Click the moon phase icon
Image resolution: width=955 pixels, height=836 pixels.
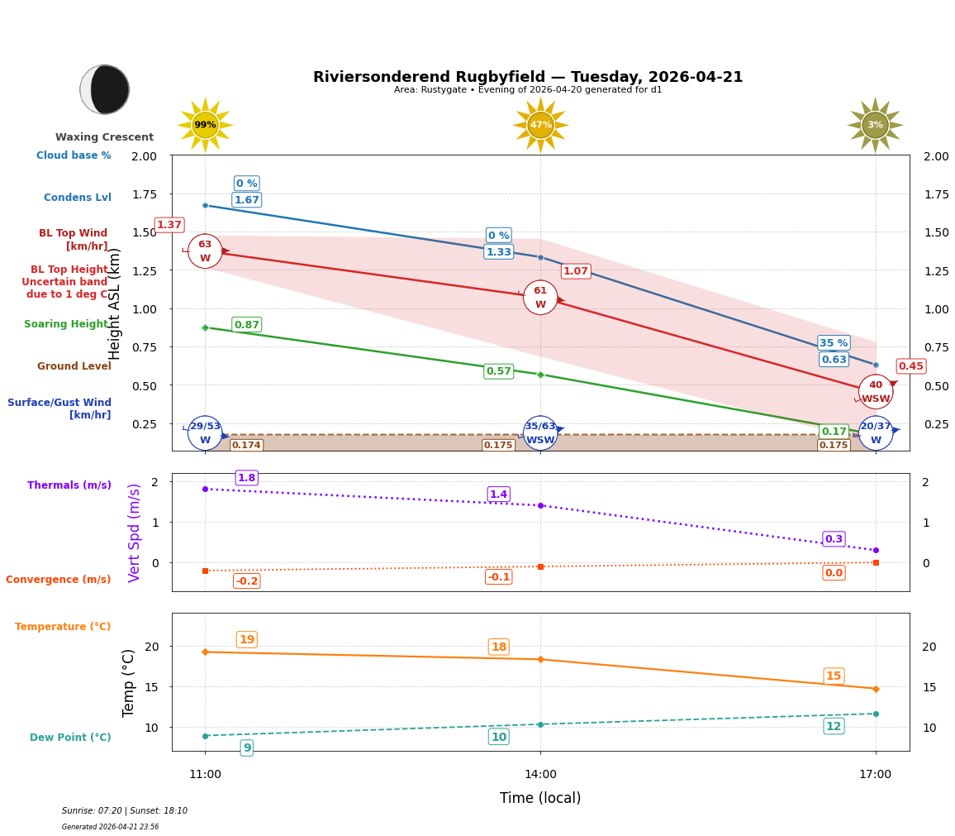coord(105,89)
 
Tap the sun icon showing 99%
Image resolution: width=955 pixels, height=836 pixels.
coord(205,125)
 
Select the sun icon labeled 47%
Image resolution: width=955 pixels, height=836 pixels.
coord(540,125)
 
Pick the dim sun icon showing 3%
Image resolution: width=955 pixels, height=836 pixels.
coord(875,125)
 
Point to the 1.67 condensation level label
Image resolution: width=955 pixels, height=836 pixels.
coord(246,200)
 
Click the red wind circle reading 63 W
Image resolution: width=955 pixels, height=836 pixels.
coord(205,251)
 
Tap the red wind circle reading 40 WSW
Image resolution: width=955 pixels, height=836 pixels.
coord(876,391)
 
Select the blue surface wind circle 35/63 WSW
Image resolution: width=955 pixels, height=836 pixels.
coord(540,432)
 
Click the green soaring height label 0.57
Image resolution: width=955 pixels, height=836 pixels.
coord(498,371)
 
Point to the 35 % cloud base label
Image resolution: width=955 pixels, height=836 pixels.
coord(834,343)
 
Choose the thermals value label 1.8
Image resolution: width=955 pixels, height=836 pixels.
coord(246,478)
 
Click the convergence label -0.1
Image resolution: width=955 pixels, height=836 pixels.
coord(498,576)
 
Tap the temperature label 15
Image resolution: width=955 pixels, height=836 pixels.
coord(834,676)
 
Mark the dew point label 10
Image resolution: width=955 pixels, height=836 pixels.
coord(498,737)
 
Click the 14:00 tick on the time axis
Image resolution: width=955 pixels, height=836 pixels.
coord(540,774)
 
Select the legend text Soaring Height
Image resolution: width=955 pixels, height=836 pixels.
coord(66,324)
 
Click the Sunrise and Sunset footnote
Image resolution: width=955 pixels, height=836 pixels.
coord(125,811)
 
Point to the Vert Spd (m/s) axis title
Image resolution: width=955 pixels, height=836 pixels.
coord(135,533)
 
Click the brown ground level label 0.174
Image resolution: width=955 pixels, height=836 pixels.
coord(246,446)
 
